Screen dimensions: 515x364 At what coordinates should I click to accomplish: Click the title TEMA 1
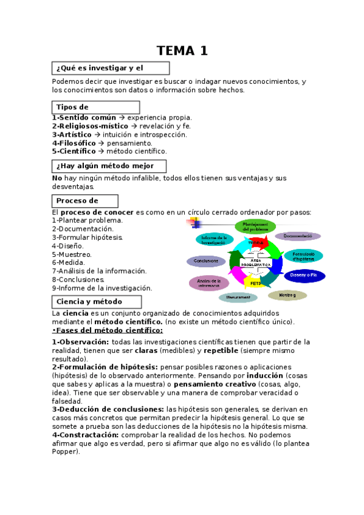[182, 51]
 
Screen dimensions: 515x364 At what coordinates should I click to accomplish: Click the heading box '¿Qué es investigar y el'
[109, 67]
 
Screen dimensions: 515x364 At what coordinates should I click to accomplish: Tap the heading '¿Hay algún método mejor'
[109, 166]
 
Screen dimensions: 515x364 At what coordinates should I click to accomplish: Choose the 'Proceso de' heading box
[85, 201]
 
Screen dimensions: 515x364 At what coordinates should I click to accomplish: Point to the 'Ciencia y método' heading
[97, 301]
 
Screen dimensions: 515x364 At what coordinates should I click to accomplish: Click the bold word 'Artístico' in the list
[75, 134]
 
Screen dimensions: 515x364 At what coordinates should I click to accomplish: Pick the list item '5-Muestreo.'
[72, 254]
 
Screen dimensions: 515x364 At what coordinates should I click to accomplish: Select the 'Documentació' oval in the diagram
[298, 236]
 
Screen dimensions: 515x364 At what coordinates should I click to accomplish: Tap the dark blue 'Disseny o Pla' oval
[308, 275]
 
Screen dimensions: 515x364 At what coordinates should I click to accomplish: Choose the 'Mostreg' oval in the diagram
[287, 295]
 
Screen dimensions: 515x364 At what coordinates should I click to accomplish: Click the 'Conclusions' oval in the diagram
[207, 261]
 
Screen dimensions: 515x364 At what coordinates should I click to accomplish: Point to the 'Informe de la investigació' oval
[214, 239]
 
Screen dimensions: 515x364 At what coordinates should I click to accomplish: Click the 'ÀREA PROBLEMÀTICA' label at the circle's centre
[255, 263]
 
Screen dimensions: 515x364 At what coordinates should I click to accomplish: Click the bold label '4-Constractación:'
[85, 435]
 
